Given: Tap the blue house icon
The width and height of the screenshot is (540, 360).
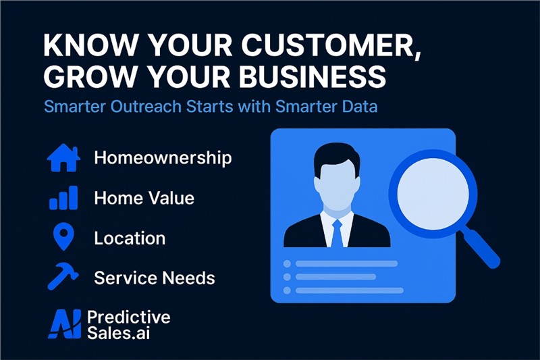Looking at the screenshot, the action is point(63,158).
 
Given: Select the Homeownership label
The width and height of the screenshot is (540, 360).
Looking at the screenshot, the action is point(163,158).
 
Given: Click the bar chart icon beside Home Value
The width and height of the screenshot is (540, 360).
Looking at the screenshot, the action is point(63,198).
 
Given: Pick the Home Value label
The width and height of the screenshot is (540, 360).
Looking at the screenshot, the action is point(144,198).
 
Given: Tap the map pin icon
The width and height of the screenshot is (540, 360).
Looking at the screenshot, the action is point(64,236).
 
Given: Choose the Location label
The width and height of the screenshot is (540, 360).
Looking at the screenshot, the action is point(130,238).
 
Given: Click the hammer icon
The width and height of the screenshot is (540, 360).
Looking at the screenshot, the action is point(63,276).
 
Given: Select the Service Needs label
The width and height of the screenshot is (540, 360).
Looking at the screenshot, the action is point(155,278).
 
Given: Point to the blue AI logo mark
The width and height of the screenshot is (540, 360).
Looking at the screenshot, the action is point(65,324).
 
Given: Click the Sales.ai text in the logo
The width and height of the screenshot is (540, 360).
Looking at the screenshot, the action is point(119,333).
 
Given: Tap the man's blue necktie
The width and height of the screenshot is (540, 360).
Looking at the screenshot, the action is point(337,233).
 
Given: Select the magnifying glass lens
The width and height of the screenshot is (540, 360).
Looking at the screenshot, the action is point(433,194).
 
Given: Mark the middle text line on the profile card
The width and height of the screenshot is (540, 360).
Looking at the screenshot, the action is point(335,277).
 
